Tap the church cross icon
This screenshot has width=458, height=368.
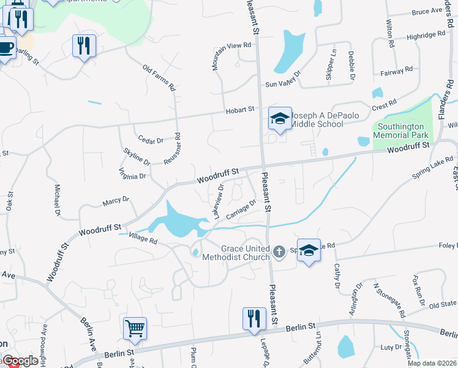(279, 251)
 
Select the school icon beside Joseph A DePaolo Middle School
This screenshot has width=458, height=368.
(279, 118)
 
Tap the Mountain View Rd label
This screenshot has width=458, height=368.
(231, 45)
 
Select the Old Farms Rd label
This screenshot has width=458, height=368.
(159, 78)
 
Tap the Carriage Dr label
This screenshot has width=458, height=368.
(241, 210)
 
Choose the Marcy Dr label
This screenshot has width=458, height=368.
(116, 201)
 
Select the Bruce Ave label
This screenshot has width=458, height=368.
(427, 12)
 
